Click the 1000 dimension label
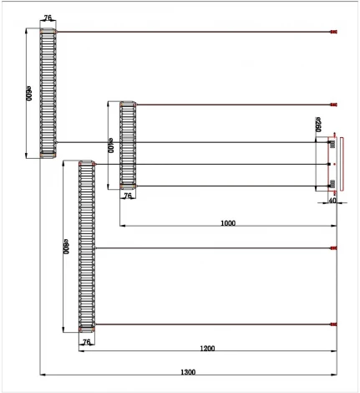point(227,223)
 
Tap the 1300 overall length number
point(188,371)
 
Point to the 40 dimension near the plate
point(332,200)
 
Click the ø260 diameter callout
point(319,125)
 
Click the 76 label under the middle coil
point(128,197)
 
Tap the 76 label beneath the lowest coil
point(86,343)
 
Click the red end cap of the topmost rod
point(333,33)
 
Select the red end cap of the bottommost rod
point(333,324)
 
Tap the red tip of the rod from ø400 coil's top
point(333,105)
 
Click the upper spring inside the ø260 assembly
point(332,145)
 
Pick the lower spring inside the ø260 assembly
point(332,183)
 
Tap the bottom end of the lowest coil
point(87,332)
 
